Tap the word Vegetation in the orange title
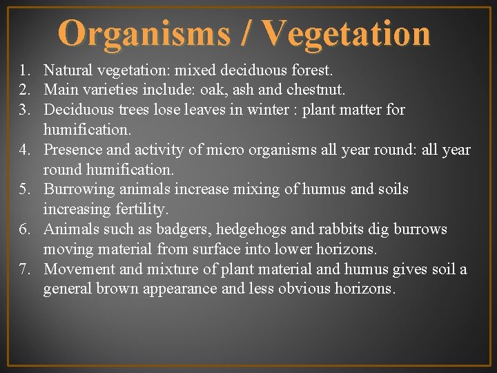pos(346,32)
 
